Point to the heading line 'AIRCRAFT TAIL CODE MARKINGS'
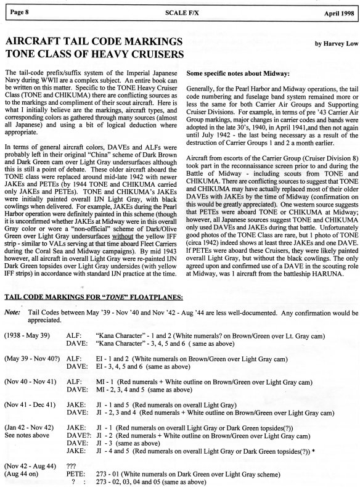93,41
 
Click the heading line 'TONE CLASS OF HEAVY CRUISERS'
96,54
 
